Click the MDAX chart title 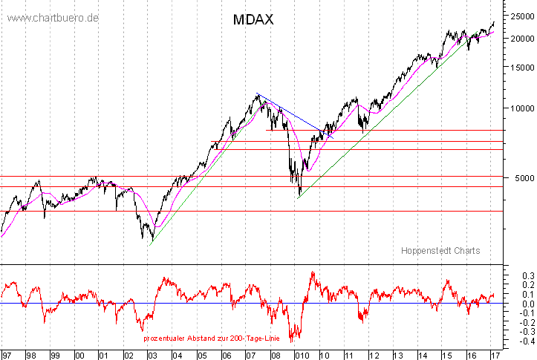[253, 20]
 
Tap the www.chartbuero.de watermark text [50, 17]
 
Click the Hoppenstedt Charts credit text [440, 251]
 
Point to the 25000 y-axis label [520, 16]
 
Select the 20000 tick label [520, 39]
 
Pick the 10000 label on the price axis [520, 108]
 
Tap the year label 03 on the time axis [152, 355]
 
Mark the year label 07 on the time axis [250, 355]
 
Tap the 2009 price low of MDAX [299, 196]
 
